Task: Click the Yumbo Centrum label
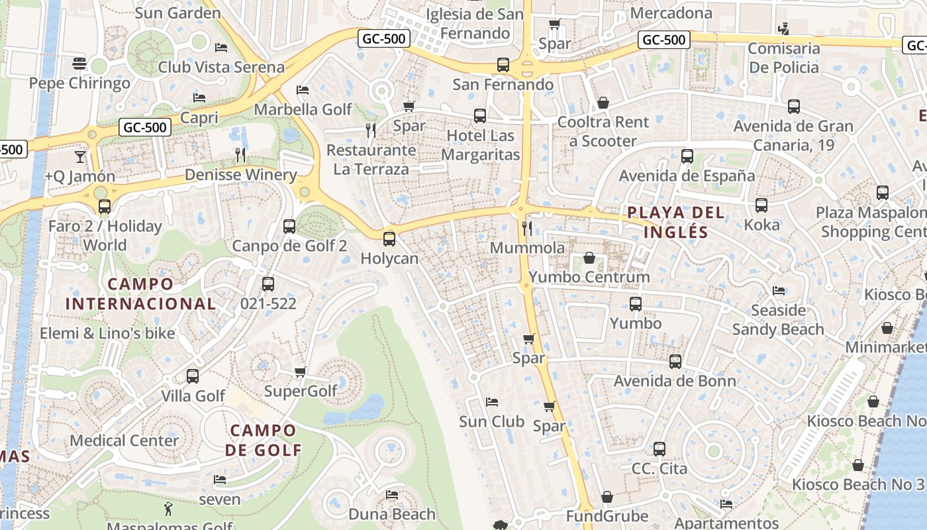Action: [x=589, y=277]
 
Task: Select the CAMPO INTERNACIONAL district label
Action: [x=140, y=294]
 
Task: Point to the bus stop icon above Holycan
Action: [x=389, y=239]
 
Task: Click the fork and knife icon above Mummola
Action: [x=527, y=229]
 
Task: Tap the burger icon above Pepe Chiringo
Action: [x=79, y=64]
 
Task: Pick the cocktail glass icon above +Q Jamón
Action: [x=79, y=157]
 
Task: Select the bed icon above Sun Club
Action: [x=491, y=402]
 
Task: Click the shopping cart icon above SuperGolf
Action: [x=301, y=372]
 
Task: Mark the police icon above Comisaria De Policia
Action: [x=784, y=28]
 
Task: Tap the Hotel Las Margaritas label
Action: [x=480, y=145]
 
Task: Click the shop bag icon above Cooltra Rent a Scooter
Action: [x=603, y=103]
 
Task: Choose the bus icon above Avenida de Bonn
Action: [x=675, y=362]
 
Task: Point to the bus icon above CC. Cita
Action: [x=659, y=449]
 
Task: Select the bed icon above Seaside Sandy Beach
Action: [x=778, y=291]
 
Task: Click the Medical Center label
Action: [x=124, y=441]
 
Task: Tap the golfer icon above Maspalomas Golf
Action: [x=168, y=509]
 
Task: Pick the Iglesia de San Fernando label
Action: [x=474, y=23]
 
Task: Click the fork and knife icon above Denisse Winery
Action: [x=240, y=155]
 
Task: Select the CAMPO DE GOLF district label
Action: [x=263, y=441]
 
